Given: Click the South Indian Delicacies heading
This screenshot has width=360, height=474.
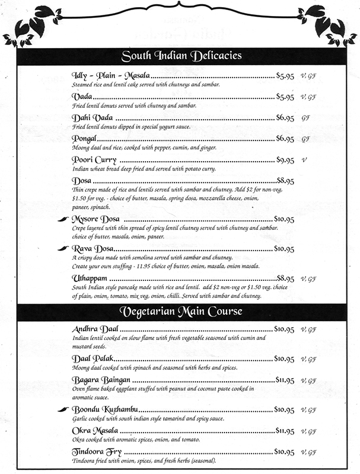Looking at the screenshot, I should (181, 57).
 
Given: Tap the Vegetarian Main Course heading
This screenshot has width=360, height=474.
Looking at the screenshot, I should (181, 311).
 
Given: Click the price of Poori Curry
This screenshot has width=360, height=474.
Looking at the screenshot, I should (285, 161).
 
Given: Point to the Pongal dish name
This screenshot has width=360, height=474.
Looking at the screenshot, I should (84, 139).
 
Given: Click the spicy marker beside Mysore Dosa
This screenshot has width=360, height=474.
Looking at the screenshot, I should (63, 219).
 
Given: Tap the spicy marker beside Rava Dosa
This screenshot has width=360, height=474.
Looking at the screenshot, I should (63, 248).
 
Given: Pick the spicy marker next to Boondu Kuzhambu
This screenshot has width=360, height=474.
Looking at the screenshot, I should (63, 409).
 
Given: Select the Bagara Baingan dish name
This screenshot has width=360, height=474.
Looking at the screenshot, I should (98, 379).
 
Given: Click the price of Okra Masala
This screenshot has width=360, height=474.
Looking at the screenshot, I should (285, 430).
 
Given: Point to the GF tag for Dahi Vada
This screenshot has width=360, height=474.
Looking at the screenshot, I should (306, 118).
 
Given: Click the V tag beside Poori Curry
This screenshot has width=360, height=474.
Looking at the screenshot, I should (304, 161).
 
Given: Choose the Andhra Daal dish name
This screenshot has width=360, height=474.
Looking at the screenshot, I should (95, 328).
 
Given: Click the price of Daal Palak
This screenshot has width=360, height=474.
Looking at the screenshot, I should (284, 359).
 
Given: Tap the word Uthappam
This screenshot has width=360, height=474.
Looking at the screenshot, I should (90, 278).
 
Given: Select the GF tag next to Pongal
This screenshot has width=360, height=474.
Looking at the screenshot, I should (306, 139).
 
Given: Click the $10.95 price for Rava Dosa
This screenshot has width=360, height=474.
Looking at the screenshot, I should (284, 249).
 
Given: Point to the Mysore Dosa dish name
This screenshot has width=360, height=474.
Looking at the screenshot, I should (97, 219).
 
